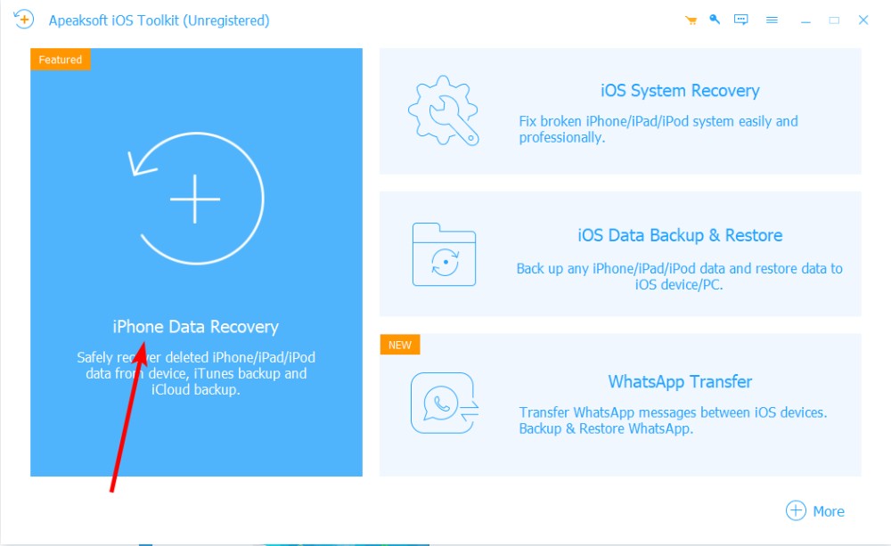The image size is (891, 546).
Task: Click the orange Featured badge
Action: (x=61, y=60)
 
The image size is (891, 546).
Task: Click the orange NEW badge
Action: (x=400, y=345)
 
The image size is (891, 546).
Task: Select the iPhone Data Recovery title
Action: (x=195, y=327)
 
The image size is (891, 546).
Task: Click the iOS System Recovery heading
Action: (x=680, y=91)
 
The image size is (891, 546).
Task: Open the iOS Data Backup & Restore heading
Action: (x=680, y=235)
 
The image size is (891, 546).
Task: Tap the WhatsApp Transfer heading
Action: (x=680, y=382)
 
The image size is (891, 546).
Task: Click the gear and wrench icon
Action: (x=444, y=110)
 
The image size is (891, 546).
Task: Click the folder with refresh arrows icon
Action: (x=444, y=255)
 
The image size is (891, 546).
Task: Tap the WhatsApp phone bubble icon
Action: (x=445, y=403)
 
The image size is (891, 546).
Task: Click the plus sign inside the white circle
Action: (x=195, y=199)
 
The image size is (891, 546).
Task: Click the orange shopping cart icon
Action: (x=691, y=20)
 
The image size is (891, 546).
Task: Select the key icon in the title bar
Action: (x=715, y=20)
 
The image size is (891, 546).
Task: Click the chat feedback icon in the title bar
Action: (x=741, y=20)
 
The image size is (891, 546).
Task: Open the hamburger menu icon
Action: (x=772, y=20)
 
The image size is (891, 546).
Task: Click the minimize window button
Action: (x=805, y=22)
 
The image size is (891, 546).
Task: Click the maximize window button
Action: (x=834, y=20)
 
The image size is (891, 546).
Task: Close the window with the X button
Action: (x=863, y=20)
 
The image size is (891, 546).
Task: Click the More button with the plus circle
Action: (x=815, y=510)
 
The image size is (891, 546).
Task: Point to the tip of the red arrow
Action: (x=143, y=342)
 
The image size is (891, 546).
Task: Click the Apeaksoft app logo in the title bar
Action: (x=24, y=20)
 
